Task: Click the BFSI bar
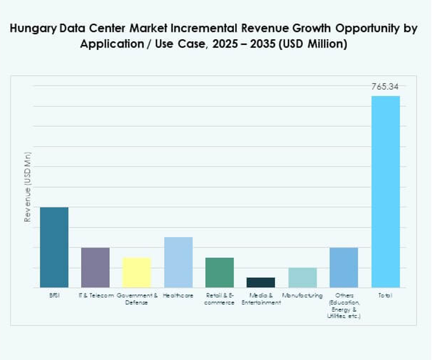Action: [x=54, y=247]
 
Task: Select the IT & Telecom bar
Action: [x=95, y=267]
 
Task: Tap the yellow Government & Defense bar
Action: [x=137, y=273]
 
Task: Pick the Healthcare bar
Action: [x=178, y=262]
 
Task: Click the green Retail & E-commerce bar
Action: [x=219, y=273]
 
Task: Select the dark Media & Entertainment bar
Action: [x=261, y=282]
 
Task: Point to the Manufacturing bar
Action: [x=302, y=277]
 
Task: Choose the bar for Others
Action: [x=344, y=267]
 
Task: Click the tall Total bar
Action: [x=385, y=191]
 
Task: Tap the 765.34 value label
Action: [x=385, y=87]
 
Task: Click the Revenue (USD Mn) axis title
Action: [x=27, y=187]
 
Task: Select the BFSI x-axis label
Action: [x=54, y=296]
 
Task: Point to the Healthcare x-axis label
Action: [x=178, y=296]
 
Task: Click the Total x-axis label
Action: [x=385, y=296]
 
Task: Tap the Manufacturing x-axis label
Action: [x=302, y=296]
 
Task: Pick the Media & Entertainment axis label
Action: [x=261, y=299]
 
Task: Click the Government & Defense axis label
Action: [x=137, y=299]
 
